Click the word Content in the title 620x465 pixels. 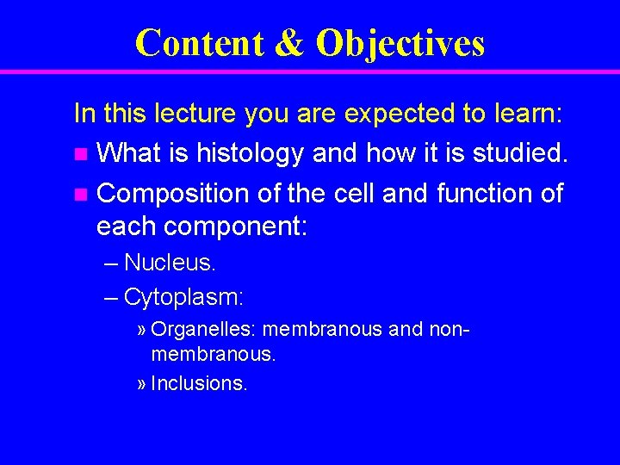pyautogui.click(x=199, y=43)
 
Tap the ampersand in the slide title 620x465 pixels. pyautogui.click(x=289, y=44)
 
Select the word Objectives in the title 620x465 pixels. pyautogui.click(x=400, y=44)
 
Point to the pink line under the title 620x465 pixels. pyautogui.click(x=310, y=71)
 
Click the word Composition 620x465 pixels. pyautogui.click(x=174, y=194)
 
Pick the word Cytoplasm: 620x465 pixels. pyautogui.click(x=184, y=299)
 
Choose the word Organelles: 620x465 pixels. pyautogui.click(x=204, y=330)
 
